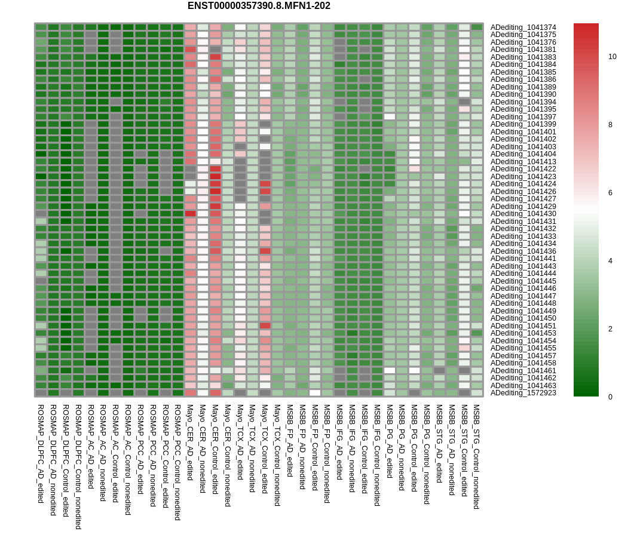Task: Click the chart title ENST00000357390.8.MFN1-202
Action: point(259,6)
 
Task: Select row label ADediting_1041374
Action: point(523,27)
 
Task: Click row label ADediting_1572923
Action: point(523,393)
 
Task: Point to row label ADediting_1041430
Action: point(523,214)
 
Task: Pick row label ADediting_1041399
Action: point(523,124)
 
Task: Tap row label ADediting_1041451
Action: point(523,326)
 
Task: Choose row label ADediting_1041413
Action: point(523,162)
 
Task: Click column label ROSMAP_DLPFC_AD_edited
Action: point(41,454)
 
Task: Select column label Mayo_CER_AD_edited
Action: point(190,442)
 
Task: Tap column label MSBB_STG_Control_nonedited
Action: point(476,457)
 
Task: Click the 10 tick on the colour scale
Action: point(612,57)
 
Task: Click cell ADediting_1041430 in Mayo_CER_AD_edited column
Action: point(190,214)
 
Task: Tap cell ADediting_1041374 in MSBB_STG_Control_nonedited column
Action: point(476,27)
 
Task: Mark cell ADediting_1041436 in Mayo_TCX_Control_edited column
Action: point(265,251)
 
